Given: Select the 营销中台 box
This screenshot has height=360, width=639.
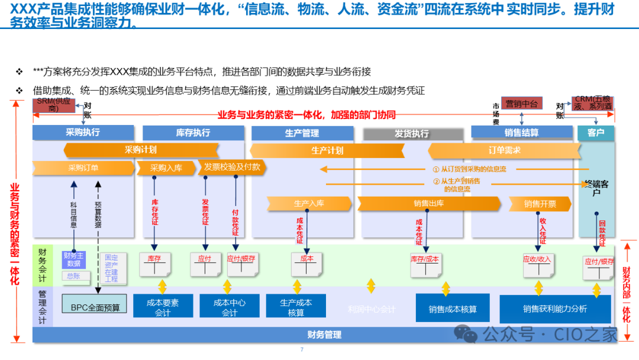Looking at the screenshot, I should click(521, 104).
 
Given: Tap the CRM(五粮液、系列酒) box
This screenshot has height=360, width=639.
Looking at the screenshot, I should click(592, 103).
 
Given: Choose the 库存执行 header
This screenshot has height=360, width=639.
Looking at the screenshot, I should click(193, 133).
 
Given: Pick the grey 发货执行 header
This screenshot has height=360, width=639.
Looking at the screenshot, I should click(412, 134).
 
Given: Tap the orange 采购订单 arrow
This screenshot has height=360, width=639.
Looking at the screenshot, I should click(83, 168).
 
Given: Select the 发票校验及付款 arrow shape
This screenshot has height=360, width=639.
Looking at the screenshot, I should click(231, 167).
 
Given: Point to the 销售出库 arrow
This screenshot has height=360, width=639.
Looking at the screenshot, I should click(428, 204).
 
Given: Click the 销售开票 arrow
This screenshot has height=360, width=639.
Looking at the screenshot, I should click(540, 204).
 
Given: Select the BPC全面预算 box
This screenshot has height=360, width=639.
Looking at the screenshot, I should click(95, 307).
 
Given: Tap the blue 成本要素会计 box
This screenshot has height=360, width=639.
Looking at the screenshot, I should click(163, 307).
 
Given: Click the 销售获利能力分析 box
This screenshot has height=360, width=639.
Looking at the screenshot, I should click(554, 308).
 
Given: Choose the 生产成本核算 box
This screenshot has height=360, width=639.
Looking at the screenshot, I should click(296, 307).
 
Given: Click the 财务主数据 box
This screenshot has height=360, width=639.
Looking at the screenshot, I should click(74, 259).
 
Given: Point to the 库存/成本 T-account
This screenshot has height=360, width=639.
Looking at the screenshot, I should click(425, 265).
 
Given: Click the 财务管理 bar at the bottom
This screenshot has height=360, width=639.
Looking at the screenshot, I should click(324, 335).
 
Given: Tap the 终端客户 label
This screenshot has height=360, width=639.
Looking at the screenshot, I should click(596, 188).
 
